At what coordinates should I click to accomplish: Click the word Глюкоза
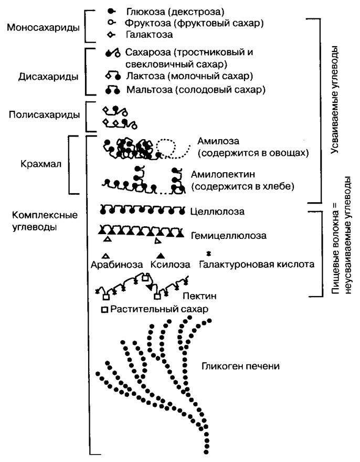coord(145,10)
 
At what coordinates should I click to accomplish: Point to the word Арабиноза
coord(117,265)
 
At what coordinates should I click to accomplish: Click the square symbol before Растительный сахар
coord(104,310)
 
